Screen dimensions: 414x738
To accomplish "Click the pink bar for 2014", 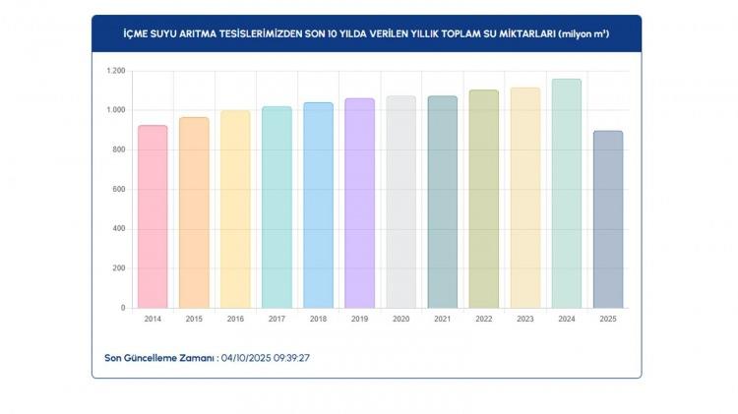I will pos(153,216).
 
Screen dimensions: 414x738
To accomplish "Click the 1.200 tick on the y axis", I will pos(116,71).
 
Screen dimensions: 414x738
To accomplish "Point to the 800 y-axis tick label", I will pos(119,149).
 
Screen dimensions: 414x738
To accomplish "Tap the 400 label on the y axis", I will pos(119,229).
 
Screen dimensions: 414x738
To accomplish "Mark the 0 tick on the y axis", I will pos(123,308).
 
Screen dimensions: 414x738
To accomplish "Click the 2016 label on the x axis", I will pos(235,320).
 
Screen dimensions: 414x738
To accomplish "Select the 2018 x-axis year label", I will pos(318,320).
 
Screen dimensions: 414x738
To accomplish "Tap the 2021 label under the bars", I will pos(442,320).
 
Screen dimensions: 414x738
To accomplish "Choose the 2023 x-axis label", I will pos(524,320).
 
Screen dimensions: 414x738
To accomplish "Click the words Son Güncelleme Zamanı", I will pos(159,358).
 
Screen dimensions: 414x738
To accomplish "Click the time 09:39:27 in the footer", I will pos(291,358).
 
